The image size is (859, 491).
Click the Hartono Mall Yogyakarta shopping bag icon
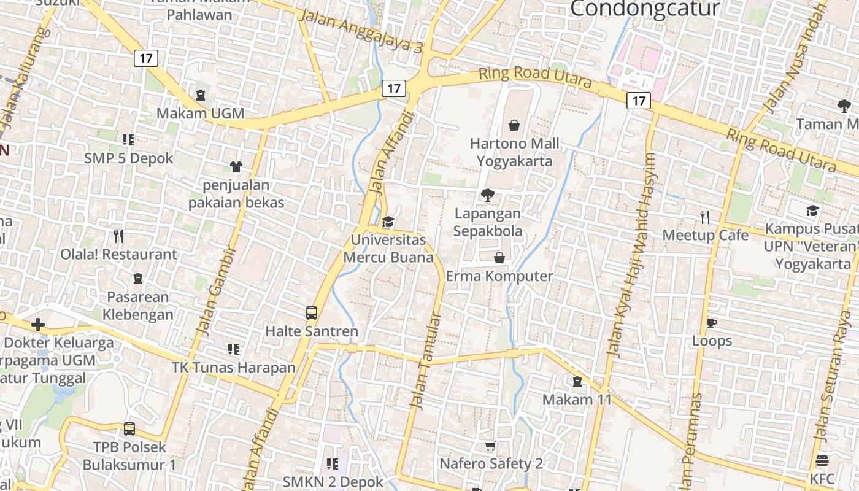[x=514, y=125]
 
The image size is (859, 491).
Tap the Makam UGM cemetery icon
[x=201, y=95]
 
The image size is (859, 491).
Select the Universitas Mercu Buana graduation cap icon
[x=388, y=222]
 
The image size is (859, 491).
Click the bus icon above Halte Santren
[x=312, y=313]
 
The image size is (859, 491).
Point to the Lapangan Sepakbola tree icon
[x=488, y=196]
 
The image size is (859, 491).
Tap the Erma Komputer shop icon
[x=499, y=258]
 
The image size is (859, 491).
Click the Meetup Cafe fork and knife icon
[x=705, y=217]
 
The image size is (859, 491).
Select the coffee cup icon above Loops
[x=712, y=323]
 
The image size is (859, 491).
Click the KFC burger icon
[x=822, y=461]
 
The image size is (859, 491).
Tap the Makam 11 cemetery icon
[x=577, y=382]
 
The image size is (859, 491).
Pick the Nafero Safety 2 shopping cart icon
[x=490, y=446]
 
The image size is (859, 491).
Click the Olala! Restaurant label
[x=118, y=254]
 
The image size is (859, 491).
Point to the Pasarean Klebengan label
[x=137, y=306]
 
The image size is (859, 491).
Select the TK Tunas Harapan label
[x=233, y=368]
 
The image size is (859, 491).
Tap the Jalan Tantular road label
[x=426, y=362]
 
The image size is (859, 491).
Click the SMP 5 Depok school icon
[x=128, y=140]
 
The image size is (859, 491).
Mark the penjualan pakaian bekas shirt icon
[x=236, y=166]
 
